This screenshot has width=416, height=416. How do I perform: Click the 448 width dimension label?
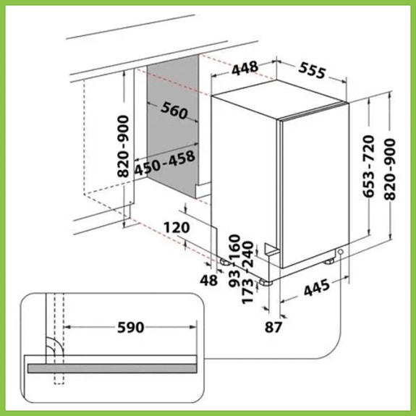click(245, 69)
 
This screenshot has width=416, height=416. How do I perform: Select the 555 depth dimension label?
click(312, 71)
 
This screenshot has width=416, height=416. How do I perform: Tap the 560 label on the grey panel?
click(174, 111)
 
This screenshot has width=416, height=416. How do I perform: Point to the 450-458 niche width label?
click(164, 164)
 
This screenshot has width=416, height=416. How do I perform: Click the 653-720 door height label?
click(369, 166)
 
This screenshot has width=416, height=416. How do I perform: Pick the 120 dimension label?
click(177, 228)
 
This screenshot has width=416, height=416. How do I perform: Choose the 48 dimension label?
click(209, 280)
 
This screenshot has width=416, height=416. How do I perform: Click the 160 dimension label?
click(235, 247)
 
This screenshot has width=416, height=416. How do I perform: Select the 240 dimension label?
click(248, 254)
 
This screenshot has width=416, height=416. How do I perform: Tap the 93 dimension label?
click(234, 279)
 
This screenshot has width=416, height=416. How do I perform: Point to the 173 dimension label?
click(248, 291)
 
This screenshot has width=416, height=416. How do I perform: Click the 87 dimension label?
click(273, 327)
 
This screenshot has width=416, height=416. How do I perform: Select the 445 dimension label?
click(317, 288)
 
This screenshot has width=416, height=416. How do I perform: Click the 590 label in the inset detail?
click(130, 327)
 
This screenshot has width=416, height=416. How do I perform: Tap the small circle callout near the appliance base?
click(340, 252)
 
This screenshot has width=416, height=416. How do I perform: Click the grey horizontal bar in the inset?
click(111, 368)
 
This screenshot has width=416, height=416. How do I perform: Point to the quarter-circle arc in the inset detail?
click(56, 345)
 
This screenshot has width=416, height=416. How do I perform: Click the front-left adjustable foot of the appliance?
click(266, 282)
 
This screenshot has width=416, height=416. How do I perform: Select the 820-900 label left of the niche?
click(123, 146)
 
